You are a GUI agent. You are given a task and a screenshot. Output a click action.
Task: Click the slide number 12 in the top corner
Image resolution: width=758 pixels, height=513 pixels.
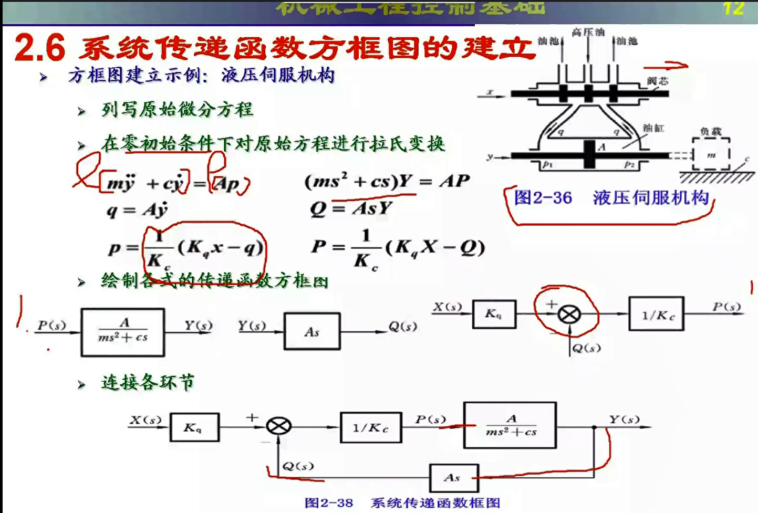[x=733, y=8]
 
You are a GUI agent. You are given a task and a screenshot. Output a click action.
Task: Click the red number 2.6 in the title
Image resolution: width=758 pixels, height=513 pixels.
[x=40, y=48]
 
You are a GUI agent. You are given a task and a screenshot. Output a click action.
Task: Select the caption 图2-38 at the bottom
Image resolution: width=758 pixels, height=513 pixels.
[x=329, y=502]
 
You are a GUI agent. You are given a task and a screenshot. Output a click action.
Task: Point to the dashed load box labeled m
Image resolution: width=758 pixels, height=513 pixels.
[x=711, y=154]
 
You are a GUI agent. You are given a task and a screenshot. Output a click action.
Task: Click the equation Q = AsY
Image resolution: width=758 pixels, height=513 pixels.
[x=351, y=208]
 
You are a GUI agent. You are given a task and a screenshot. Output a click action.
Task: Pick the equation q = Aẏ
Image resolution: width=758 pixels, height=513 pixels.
[x=137, y=210]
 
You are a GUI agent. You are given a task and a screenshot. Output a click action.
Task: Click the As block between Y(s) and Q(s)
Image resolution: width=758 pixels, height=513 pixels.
[x=312, y=331]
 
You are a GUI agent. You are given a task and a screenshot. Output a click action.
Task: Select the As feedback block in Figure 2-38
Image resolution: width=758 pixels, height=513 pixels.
[x=453, y=477]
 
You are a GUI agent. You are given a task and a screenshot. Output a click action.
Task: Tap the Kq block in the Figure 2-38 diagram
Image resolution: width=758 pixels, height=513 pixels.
[x=194, y=427]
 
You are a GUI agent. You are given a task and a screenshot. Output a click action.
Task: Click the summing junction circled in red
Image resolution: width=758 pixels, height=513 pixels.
[x=569, y=315]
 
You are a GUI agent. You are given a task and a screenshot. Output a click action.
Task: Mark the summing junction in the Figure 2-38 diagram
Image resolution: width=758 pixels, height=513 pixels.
[x=279, y=425]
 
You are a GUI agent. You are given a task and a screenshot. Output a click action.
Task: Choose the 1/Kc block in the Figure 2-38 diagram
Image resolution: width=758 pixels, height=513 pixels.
[x=371, y=427]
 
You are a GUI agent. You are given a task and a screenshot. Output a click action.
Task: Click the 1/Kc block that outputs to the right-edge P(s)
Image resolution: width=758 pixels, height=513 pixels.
[x=656, y=315]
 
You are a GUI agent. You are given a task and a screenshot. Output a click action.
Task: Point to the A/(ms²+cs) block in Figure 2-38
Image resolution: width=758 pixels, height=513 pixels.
[x=510, y=425]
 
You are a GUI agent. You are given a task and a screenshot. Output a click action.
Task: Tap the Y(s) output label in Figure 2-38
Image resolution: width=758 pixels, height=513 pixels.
[x=624, y=419]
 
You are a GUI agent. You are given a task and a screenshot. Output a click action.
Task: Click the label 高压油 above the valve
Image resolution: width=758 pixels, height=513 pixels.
[x=588, y=33]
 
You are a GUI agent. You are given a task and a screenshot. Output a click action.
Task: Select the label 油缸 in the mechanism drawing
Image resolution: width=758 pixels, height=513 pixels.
[x=653, y=128]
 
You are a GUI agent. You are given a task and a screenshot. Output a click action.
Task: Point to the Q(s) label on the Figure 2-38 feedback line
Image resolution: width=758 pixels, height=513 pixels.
[x=298, y=466]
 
